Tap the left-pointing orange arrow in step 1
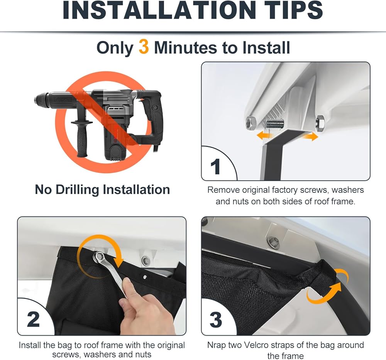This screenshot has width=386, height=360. click(265, 135)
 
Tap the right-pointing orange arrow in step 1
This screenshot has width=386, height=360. click(310, 136)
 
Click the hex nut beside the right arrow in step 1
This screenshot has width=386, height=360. click(320, 123)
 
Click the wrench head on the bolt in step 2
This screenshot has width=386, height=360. click(98, 257)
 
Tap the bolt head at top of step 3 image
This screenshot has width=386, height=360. click(273, 240)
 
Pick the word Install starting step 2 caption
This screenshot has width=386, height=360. click(30, 345)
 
